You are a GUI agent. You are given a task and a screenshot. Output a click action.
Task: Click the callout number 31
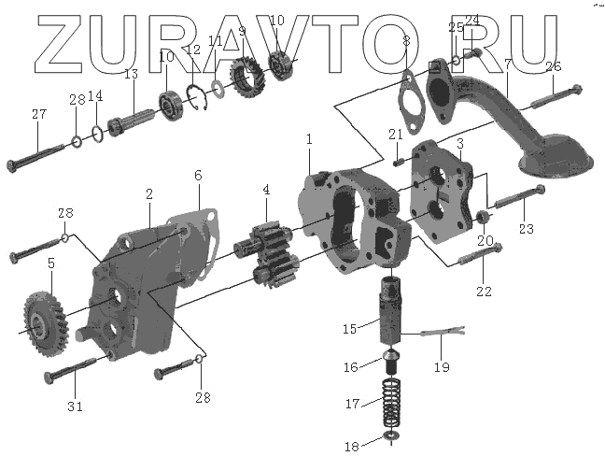(75, 406)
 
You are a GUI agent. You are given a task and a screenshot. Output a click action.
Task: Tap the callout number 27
(38, 115)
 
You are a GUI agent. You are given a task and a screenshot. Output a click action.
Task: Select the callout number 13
(131, 75)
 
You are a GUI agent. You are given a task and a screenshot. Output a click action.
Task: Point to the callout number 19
(441, 367)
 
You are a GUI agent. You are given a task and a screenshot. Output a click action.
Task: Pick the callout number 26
(553, 67)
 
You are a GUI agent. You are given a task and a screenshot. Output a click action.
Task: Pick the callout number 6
(198, 176)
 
